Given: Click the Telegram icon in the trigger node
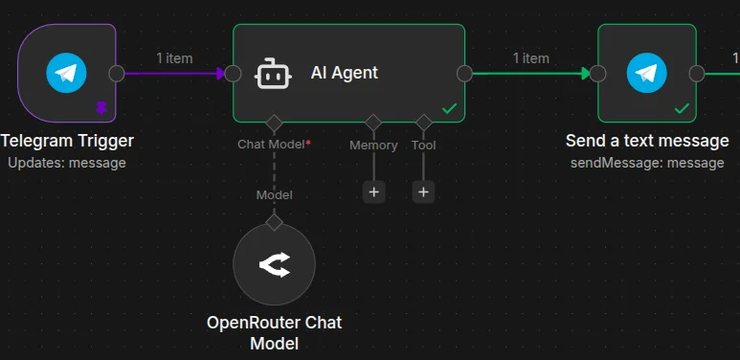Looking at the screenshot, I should click(x=66, y=73).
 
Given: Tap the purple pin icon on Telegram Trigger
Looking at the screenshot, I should click(x=101, y=107).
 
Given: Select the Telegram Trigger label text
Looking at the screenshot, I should click(x=67, y=142).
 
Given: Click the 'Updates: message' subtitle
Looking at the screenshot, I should click(x=66, y=163).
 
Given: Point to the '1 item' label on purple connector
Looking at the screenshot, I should click(x=174, y=58).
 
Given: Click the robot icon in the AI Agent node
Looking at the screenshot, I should click(x=273, y=73).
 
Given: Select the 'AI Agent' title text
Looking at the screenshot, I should click(x=344, y=72).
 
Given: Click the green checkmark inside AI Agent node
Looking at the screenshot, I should click(x=449, y=108).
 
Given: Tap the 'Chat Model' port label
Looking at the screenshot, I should click(x=275, y=145).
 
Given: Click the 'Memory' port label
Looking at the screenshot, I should click(x=373, y=146).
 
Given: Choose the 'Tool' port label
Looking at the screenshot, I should click(x=423, y=146).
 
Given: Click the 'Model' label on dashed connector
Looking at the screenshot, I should click(x=274, y=194).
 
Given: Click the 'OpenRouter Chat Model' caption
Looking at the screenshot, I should click(x=274, y=332).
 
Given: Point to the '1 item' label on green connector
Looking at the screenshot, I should click(x=530, y=58).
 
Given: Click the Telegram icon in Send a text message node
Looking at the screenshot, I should click(x=646, y=73).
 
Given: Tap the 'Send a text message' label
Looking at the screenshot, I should click(x=646, y=142).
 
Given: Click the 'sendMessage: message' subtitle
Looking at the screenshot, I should click(x=646, y=163).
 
